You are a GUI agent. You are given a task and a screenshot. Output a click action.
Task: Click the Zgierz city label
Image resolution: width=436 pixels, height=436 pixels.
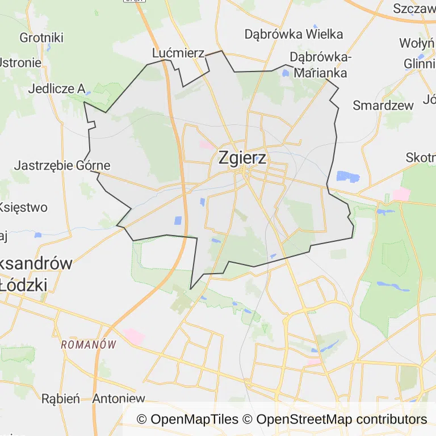pyautogui.click(x=242, y=158)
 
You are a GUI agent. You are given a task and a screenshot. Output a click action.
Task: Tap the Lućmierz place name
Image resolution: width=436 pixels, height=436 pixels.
pyautogui.click(x=178, y=53)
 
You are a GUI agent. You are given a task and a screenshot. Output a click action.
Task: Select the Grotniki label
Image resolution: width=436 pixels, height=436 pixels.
pyautogui.click(x=41, y=38)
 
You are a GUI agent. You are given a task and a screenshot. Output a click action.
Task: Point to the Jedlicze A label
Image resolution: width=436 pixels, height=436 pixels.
pyautogui.click(x=57, y=89)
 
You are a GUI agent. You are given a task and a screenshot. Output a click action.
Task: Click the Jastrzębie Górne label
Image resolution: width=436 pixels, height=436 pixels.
pyautogui.click(x=61, y=166)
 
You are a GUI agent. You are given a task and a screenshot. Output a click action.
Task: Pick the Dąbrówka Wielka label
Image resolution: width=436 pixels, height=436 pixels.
pyautogui.click(x=294, y=34)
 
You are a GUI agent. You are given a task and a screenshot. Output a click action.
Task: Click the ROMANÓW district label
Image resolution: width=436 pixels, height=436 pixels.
pyautogui.click(x=88, y=345)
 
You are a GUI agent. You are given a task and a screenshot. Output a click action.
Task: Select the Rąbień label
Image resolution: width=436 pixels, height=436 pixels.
pyautogui.click(x=61, y=399)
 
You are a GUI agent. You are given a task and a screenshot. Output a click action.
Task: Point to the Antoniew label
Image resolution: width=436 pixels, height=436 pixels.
pyautogui.click(x=119, y=399)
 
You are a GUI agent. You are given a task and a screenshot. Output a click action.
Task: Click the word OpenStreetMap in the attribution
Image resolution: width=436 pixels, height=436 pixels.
pyautogui.click(x=304, y=420)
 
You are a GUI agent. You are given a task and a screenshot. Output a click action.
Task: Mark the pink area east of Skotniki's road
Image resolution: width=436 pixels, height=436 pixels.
pyautogui.click(x=401, y=194)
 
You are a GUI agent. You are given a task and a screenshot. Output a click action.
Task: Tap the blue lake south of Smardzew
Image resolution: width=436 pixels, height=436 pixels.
pyautogui.click(x=348, y=177)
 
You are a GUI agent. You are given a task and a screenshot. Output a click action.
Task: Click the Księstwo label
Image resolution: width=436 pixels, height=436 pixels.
pyautogui.click(x=24, y=207)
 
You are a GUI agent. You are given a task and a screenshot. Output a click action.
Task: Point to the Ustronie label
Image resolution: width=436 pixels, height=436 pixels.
pyautogui.click(x=20, y=62)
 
